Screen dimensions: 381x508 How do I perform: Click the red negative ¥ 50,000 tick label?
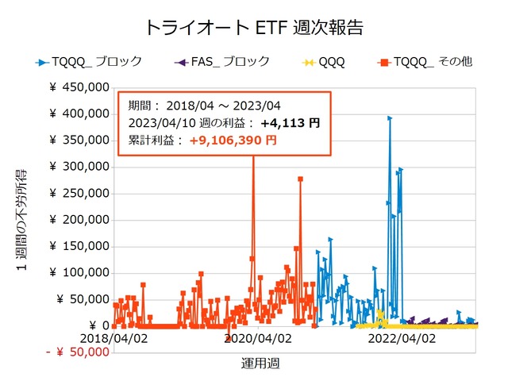(x=76, y=352)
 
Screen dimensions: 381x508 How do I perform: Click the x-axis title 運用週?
(x=260, y=364)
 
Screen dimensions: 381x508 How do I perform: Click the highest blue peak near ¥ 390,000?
(x=389, y=118)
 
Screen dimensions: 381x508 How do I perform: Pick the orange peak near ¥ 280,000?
(x=300, y=179)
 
